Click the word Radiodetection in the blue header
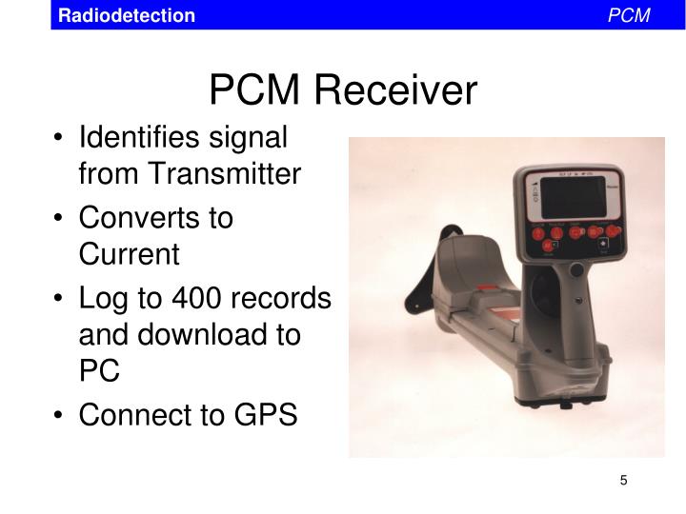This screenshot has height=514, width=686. tap(126, 15)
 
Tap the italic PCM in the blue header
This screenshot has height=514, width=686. tap(629, 15)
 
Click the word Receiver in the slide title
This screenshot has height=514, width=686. tap(396, 90)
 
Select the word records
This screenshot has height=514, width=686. tap(283, 298)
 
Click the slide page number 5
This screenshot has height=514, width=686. tap(623, 480)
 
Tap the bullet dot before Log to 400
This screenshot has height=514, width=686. tap(60, 299)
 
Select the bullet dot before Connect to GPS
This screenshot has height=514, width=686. tap(60, 416)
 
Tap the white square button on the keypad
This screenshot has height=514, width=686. tap(601, 244)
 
